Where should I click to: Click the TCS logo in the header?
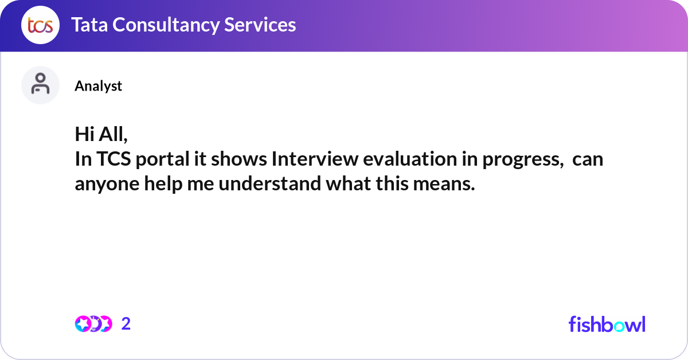point(40,25)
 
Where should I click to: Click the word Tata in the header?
point(90,25)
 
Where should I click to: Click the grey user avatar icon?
point(40,85)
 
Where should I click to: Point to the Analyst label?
point(98,86)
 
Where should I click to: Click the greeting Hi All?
point(100,134)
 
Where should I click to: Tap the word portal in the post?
point(160,159)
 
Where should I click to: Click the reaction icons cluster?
point(93,324)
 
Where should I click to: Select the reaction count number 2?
point(126,324)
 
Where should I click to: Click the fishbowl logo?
point(607,324)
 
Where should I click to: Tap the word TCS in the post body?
point(113,159)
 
